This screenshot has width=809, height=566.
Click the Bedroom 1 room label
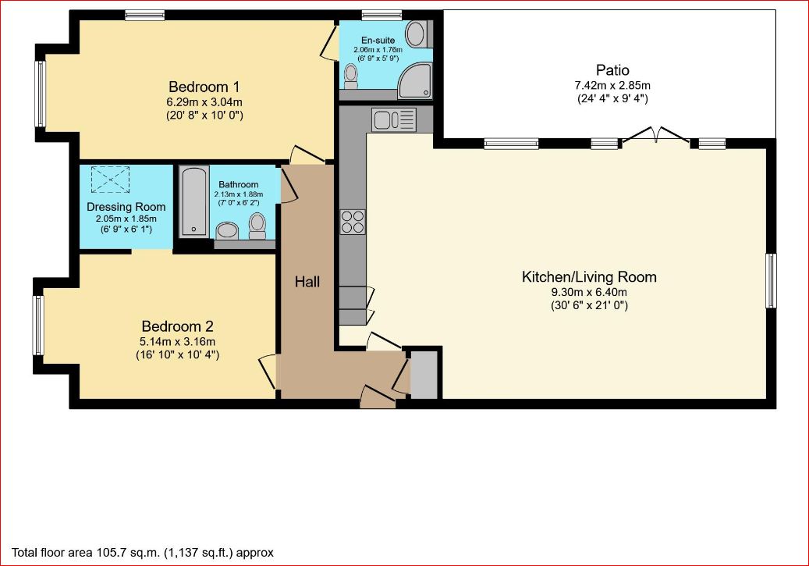(x=204, y=87)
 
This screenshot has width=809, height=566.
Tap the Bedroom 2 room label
(x=178, y=326)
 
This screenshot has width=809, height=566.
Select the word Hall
(x=307, y=282)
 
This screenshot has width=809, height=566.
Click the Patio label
(x=612, y=69)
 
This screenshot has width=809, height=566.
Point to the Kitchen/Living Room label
(x=589, y=277)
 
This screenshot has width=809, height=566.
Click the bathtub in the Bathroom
(x=194, y=201)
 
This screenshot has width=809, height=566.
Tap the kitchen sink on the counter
(x=394, y=119)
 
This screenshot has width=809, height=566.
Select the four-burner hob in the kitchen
(x=353, y=222)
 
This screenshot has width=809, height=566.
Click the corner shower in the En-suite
(x=414, y=80)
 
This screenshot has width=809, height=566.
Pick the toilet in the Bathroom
(x=257, y=226)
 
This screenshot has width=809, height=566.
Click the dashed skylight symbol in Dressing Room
(x=111, y=180)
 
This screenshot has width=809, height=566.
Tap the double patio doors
(x=656, y=135)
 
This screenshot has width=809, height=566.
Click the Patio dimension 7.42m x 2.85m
(x=612, y=85)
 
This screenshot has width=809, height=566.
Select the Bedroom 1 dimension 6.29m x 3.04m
(x=204, y=101)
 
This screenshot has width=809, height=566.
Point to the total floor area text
(x=143, y=553)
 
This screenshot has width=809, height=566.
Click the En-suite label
(x=378, y=40)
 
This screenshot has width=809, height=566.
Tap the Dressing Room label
(x=126, y=207)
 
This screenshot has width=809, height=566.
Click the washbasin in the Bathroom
(x=227, y=230)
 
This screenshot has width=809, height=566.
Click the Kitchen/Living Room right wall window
(x=771, y=280)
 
